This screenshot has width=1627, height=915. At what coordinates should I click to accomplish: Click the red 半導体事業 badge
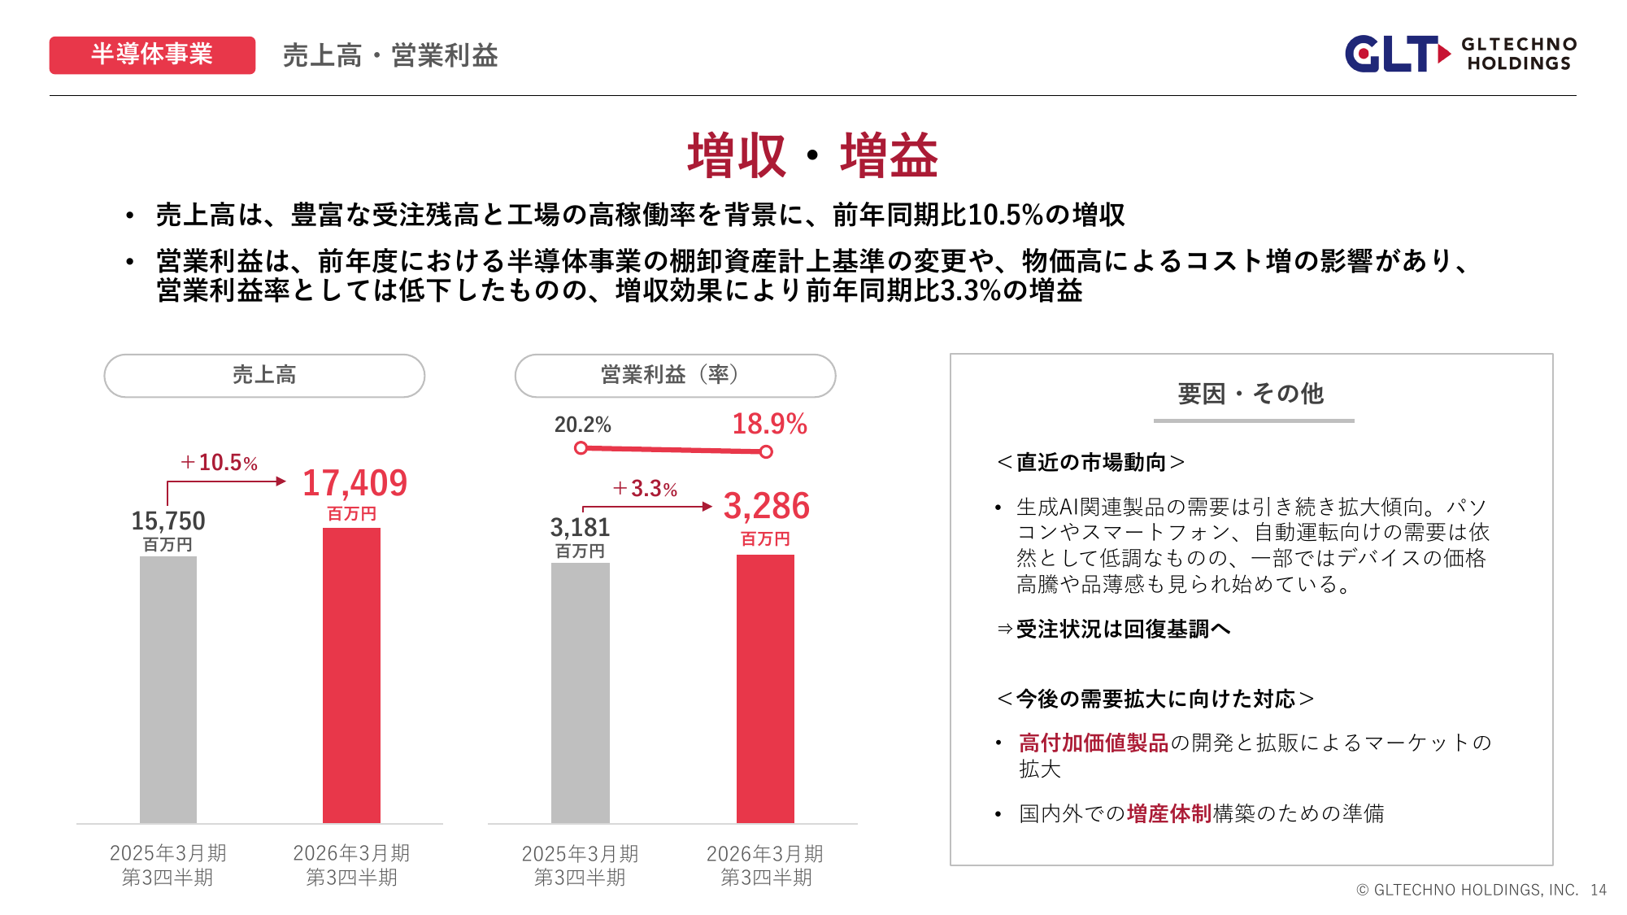tap(152, 55)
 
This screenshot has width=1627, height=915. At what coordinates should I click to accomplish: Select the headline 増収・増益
tap(812, 155)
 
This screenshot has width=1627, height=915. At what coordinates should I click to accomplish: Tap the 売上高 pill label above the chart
tap(264, 375)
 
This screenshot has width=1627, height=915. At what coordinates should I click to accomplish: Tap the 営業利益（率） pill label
tap(674, 375)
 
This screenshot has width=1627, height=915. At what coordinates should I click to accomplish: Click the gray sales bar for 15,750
tap(168, 690)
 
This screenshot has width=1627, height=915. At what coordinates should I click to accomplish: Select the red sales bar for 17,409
tap(351, 675)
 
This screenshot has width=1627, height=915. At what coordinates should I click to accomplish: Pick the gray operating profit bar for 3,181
tap(580, 693)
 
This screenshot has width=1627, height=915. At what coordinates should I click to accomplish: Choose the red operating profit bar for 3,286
tap(765, 689)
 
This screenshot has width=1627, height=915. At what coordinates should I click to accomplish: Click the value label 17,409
tap(355, 483)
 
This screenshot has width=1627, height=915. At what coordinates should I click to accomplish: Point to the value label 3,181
tap(580, 527)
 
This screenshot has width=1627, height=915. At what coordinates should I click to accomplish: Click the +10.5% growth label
tap(219, 463)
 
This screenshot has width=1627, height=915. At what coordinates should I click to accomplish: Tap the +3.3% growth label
tap(645, 489)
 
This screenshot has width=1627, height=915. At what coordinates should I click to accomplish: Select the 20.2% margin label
tap(582, 425)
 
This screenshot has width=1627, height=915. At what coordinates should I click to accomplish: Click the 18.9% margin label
tap(769, 424)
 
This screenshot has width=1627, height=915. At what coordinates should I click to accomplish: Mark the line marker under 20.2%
tap(581, 448)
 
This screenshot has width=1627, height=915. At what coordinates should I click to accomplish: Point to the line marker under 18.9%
tap(766, 452)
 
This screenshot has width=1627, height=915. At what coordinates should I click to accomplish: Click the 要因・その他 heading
tap(1251, 394)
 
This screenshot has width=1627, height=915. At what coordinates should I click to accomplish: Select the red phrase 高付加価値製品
tap(1093, 743)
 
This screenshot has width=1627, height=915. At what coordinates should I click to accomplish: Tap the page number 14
tap(1599, 890)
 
